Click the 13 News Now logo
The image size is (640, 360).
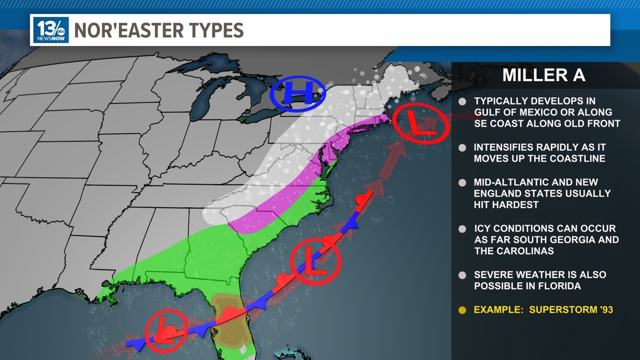point(51,30)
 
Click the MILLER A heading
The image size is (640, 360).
point(543,75)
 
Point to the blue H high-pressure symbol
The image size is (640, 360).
point(298,93)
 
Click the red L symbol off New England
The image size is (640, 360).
point(420,124)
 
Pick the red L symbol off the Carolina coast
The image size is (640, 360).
point(316,260)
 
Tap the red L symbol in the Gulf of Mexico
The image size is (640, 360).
point(166,330)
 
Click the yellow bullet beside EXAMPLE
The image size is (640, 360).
point(462,310)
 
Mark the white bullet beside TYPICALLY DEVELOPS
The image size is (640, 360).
point(462,102)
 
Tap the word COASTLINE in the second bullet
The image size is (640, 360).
point(575,158)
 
